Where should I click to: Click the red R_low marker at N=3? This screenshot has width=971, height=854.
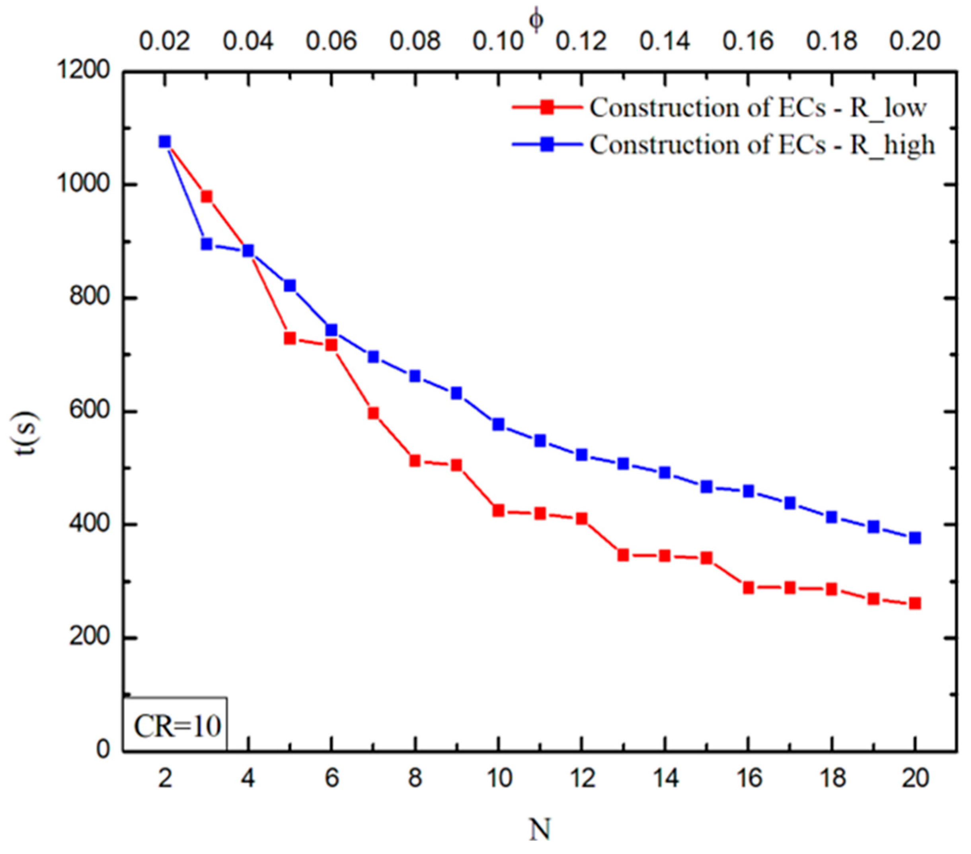(x=206, y=197)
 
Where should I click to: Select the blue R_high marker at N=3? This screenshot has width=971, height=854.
(x=206, y=244)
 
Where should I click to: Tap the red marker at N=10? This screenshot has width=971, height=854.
(x=498, y=511)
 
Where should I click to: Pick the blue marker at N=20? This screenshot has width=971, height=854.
(x=915, y=538)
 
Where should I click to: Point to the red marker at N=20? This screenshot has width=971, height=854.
(x=915, y=604)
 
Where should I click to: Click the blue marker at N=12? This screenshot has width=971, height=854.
(x=581, y=455)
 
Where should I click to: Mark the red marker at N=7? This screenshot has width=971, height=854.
(x=373, y=413)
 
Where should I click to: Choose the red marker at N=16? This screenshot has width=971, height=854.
(x=749, y=588)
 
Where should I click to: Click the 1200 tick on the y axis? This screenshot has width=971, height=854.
(x=84, y=71)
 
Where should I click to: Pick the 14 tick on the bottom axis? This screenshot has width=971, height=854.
(x=665, y=780)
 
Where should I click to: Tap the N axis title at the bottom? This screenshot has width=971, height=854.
(x=540, y=829)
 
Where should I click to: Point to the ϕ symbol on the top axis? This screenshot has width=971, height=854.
(x=537, y=21)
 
